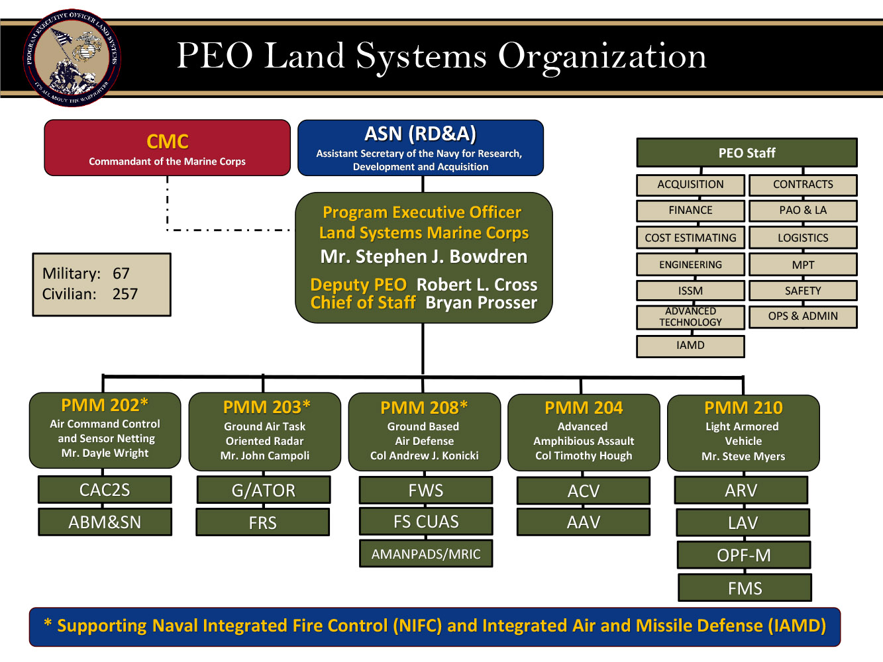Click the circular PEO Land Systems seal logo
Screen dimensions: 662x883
[x=72, y=58]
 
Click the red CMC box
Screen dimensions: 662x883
[x=167, y=148]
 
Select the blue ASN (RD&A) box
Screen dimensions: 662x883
[x=421, y=148]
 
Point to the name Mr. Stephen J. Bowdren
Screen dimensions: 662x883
[x=424, y=257]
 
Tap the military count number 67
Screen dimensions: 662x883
[x=121, y=273]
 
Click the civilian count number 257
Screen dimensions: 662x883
[x=125, y=294]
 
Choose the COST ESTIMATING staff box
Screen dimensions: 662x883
[x=690, y=238]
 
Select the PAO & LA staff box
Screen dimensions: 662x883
[x=803, y=211]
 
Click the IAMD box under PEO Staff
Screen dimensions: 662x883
[x=690, y=346]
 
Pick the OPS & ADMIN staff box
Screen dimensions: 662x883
[x=803, y=316]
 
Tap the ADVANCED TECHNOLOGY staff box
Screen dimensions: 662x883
[x=690, y=316]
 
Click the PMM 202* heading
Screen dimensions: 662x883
[x=105, y=405]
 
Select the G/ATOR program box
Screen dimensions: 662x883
[x=263, y=491]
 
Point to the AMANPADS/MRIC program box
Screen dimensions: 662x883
[x=426, y=554]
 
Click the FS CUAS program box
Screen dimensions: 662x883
[x=426, y=522]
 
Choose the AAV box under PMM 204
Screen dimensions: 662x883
[x=584, y=522]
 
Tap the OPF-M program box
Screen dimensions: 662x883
[x=744, y=555]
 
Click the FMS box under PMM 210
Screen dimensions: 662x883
[x=745, y=588]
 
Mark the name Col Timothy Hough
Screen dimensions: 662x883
[x=584, y=456]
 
